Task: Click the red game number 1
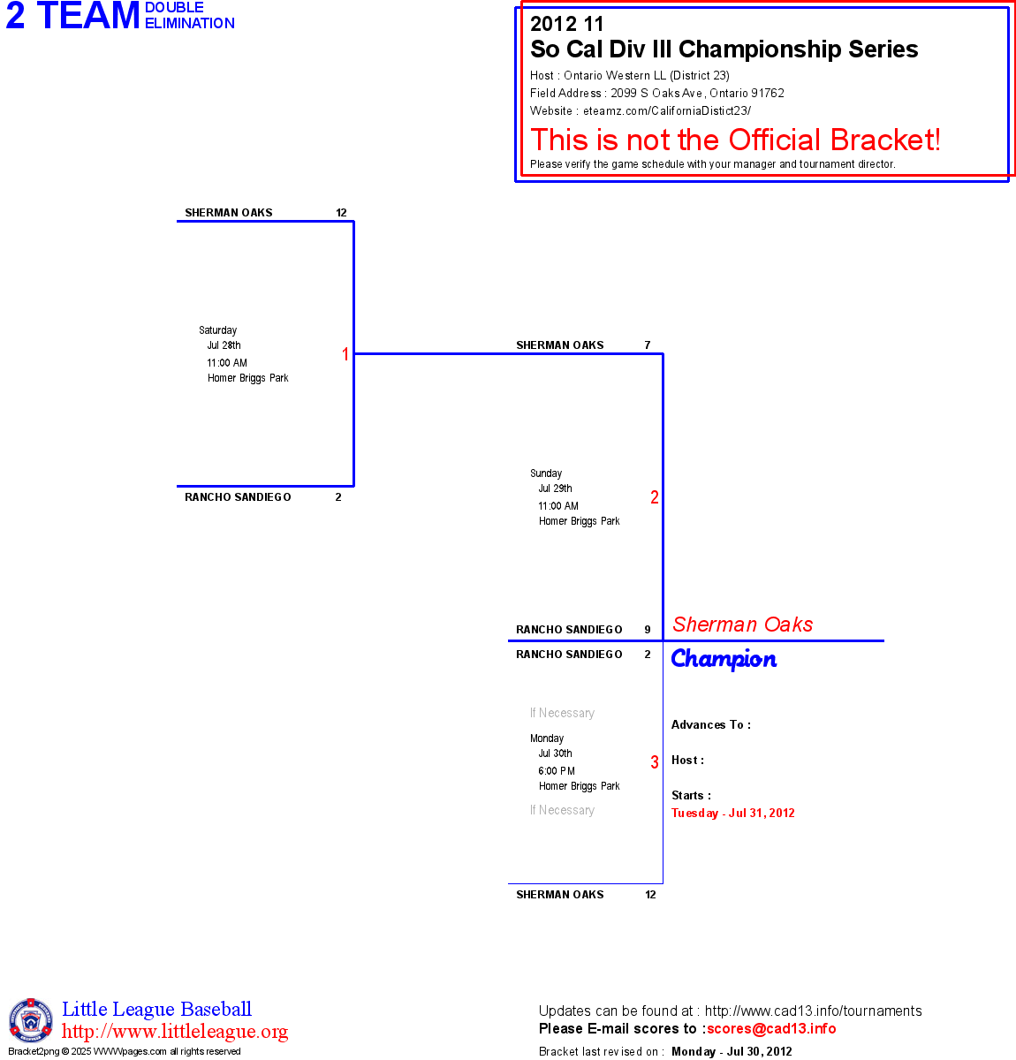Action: click(345, 354)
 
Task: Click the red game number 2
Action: click(655, 497)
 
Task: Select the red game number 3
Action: click(655, 762)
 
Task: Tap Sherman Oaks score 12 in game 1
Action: click(341, 213)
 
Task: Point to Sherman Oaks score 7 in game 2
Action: click(648, 345)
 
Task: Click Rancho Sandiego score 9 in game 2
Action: click(648, 630)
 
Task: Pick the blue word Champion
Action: click(724, 659)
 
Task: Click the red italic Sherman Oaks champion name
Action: click(742, 625)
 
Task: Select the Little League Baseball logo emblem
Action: click(31, 1020)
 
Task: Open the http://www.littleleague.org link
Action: click(175, 1032)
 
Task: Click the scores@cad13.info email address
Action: click(771, 1028)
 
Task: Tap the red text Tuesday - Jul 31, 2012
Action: click(733, 814)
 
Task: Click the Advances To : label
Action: click(711, 725)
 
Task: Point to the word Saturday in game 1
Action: click(217, 330)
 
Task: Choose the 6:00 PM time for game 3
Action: click(557, 771)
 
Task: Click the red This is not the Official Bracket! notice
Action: click(735, 140)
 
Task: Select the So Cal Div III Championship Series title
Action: click(724, 49)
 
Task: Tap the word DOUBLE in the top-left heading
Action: click(174, 8)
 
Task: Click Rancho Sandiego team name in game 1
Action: click(238, 497)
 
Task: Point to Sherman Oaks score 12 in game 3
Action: click(650, 895)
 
